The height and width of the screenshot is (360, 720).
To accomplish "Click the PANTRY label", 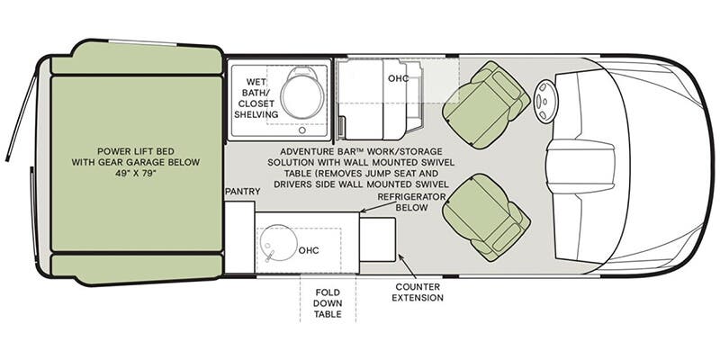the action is [242, 192].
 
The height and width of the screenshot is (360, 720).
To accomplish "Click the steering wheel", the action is [544, 102].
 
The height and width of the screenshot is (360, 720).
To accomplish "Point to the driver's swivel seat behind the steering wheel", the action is [486, 104].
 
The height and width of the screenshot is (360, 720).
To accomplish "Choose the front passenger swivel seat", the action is [486, 217].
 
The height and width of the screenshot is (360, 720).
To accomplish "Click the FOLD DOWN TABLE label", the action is [328, 303].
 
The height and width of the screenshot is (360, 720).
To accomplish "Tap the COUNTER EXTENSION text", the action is [418, 292].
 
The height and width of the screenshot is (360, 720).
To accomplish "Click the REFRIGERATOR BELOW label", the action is [411, 202].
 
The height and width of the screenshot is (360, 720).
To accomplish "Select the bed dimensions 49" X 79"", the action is [136, 174].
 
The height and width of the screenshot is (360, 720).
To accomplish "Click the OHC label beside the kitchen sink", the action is [309, 251].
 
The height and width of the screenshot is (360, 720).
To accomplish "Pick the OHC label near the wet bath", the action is [398, 78].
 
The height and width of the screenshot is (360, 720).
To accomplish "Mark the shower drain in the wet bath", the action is [301, 130].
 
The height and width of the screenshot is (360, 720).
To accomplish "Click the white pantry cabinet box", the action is [239, 237].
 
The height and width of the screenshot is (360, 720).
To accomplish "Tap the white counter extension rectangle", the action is [377, 239].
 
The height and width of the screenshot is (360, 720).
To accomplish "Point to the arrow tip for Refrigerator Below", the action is [361, 212].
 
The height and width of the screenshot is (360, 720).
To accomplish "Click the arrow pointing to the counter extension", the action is [407, 265].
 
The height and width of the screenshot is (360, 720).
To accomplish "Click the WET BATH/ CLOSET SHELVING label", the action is [256, 98].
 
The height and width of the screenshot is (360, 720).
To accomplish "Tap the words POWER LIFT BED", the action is [136, 151].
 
